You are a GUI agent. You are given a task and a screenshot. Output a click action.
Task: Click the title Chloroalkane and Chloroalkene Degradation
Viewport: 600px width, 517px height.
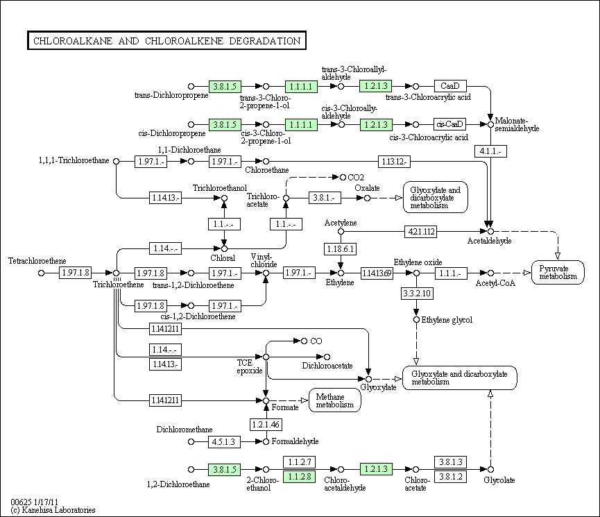tap(166, 41)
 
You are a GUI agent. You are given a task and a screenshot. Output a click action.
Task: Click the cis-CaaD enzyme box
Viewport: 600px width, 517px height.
tap(449, 124)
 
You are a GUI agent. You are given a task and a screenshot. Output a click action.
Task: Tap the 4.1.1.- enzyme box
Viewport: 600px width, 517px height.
tap(490, 151)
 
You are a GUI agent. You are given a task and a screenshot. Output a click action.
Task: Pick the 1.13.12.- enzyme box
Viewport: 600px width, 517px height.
tap(394, 162)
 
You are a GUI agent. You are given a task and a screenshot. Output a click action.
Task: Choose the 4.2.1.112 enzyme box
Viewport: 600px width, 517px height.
tap(422, 230)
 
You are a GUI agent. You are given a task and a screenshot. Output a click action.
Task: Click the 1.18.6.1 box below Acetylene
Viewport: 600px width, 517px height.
tap(340, 248)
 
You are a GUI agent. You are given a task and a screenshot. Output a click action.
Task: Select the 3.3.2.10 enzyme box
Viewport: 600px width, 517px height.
tap(417, 294)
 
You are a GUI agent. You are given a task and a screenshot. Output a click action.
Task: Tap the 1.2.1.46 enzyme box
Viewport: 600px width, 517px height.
tap(266, 423)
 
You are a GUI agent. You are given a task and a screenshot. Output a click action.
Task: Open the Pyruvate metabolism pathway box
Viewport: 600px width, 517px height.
tap(560, 271)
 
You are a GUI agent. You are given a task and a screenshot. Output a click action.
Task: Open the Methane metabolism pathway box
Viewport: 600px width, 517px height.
tap(335, 400)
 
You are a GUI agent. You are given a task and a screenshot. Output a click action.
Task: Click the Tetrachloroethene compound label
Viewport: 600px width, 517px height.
tap(33, 261)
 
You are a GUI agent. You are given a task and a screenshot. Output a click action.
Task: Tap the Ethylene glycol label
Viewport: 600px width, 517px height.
tap(447, 320)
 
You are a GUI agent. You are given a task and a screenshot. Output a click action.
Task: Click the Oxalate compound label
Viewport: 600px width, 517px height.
tap(367, 187)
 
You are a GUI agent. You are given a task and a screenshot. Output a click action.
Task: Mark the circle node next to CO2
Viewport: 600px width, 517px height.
tap(341, 177)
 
